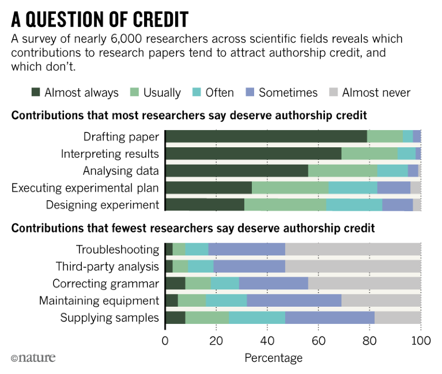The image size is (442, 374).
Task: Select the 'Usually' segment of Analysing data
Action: [x=343, y=171]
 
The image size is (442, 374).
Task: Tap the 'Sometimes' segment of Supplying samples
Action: [x=330, y=318]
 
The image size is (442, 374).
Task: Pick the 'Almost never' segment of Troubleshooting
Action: [x=353, y=249]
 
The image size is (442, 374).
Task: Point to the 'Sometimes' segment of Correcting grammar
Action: [x=274, y=284]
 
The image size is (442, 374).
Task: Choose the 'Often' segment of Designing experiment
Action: [x=354, y=205]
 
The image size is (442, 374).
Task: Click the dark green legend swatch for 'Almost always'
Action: [x=36, y=93]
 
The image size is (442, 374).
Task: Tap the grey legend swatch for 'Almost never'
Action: [x=334, y=93]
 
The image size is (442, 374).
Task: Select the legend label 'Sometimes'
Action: [x=288, y=93]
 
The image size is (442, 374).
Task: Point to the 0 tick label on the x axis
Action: [x=165, y=340]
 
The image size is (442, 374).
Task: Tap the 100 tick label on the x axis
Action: [x=421, y=340]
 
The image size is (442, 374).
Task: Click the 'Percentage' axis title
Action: [x=273, y=358]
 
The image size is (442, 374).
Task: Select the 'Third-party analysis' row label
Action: [x=107, y=266]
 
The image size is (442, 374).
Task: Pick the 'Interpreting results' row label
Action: [x=110, y=154]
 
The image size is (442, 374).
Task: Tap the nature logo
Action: [x=33, y=358]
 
